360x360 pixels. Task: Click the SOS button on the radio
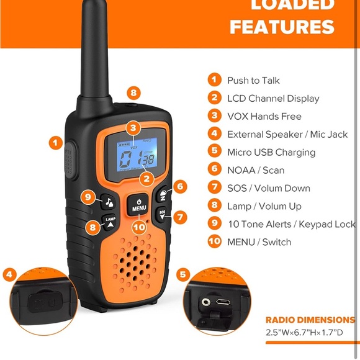pos(163,215)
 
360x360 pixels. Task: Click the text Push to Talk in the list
pos(253,80)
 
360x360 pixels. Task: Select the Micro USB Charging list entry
pos(271,152)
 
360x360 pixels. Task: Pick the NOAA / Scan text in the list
pos(255,170)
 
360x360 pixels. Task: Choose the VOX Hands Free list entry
pos(264,116)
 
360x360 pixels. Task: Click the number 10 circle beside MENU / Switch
pos(214,241)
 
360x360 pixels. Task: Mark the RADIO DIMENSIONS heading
pos(310,320)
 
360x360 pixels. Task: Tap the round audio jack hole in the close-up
pos(206,302)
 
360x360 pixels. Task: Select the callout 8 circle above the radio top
pos(134,93)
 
